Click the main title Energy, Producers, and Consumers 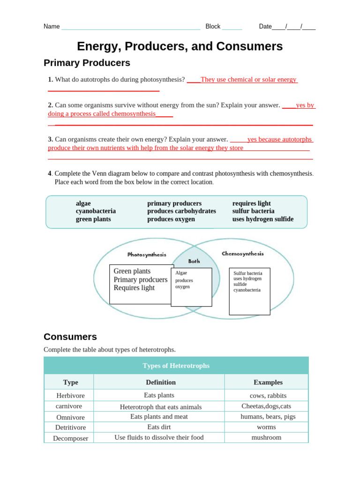click(180, 46)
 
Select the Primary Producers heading click(87, 63)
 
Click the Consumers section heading click(70, 337)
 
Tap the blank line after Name click(131, 27)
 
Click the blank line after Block click(232, 27)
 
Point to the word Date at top click(265, 27)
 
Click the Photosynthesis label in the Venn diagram click(147, 255)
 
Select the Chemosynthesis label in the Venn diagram click(242, 254)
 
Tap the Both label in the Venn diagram click(194, 261)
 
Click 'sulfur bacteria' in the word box click(253, 211)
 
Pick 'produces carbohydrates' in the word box click(181, 211)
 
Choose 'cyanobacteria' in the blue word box click(96, 211)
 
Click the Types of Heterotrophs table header click(176, 366)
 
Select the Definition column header click(161, 382)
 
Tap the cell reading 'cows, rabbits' click(268, 396)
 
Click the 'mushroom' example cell click(266, 437)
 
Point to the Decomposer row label click(70, 438)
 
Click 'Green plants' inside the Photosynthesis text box click(132, 271)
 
